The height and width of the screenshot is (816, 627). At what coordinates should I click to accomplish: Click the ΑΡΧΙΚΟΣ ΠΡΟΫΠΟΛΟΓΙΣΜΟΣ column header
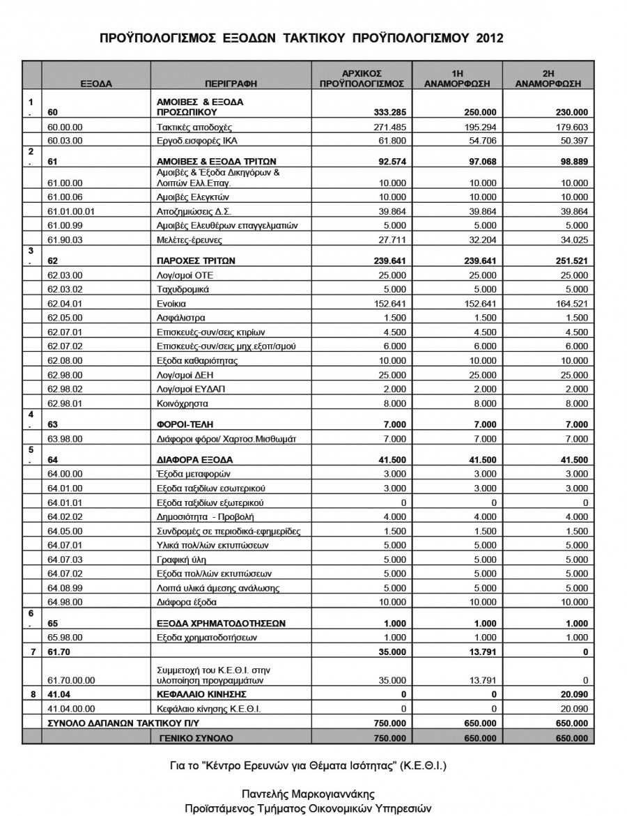[x=362, y=77]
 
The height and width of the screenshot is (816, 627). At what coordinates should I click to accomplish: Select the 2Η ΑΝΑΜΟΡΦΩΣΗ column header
[x=548, y=77]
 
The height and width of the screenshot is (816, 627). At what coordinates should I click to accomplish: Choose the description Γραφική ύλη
[x=180, y=559]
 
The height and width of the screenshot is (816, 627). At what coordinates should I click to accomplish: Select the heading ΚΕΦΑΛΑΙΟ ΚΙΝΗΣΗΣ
[x=203, y=695]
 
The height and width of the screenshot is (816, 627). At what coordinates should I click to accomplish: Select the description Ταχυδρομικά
[x=180, y=290]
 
